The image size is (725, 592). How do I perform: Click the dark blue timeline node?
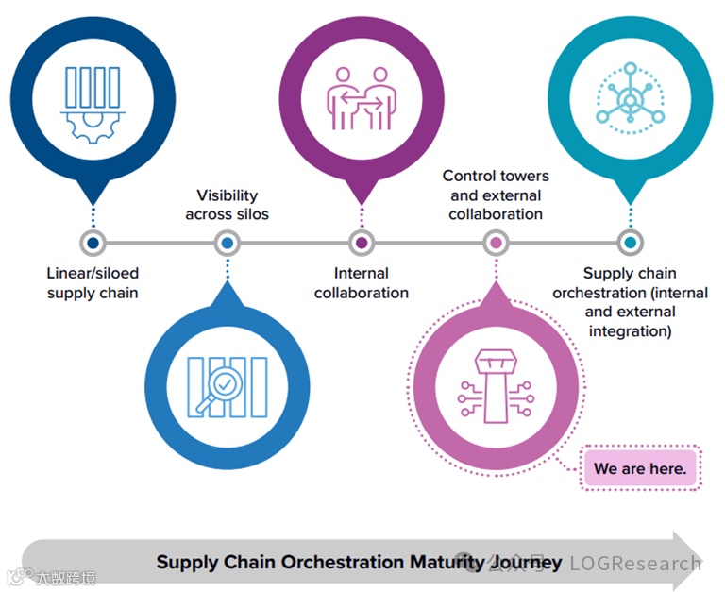[x=93, y=243]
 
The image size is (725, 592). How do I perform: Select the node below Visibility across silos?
[x=227, y=243]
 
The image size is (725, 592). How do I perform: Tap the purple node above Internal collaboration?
[x=362, y=243]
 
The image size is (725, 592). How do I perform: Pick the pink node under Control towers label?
[x=496, y=243]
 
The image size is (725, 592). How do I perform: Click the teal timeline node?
[x=630, y=243]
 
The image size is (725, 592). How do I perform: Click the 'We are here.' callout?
[x=640, y=468]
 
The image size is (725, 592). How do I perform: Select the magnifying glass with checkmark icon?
[x=227, y=386]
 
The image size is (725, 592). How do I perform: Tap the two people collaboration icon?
[x=362, y=97]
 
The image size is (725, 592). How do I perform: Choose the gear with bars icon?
[x=93, y=102]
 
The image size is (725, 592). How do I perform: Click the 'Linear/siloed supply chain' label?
[x=93, y=283]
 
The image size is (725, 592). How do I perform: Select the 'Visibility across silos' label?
[x=227, y=205]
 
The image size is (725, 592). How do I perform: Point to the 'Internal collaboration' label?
[x=362, y=283]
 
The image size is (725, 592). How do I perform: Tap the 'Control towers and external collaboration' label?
[x=496, y=195]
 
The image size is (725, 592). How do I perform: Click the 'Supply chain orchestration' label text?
[x=630, y=302]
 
